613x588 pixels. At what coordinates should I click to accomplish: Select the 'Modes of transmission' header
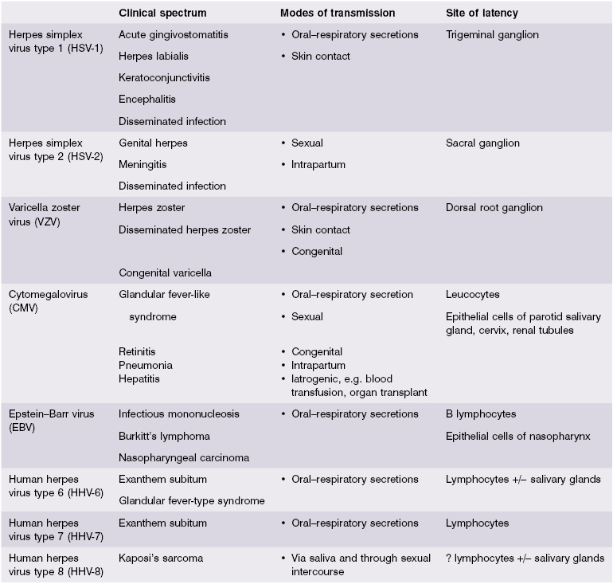[338, 13]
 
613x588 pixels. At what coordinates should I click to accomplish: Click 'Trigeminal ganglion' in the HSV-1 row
[492, 35]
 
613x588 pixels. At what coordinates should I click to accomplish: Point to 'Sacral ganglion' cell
[482, 143]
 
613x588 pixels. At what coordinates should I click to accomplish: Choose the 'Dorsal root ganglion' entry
[494, 208]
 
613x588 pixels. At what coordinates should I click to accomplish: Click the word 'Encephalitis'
[147, 100]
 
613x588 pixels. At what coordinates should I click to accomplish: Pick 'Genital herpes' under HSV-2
[154, 143]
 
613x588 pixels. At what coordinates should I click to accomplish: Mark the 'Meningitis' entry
[143, 165]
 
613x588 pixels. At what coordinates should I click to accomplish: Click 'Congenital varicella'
[165, 272]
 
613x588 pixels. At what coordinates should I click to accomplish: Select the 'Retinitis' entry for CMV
[137, 351]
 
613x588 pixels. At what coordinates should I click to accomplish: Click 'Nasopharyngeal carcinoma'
[184, 457]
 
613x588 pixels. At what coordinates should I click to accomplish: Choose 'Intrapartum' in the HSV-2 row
[321, 165]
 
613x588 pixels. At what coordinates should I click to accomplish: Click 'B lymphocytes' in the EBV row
[481, 414]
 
